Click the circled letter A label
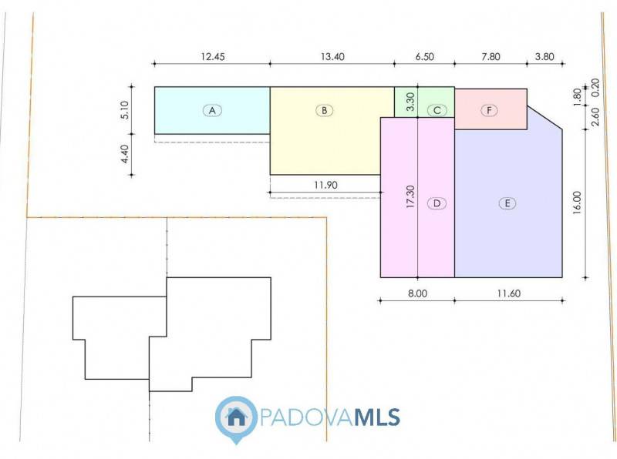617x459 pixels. click(212, 110)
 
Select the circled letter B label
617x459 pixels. click(324, 110)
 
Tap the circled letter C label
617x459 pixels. click(437, 110)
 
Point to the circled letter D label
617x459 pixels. click(437, 203)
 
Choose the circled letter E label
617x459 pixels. click(507, 203)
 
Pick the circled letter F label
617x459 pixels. click(489, 110)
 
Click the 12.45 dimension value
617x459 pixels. click(213, 56)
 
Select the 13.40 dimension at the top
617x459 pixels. click(332, 56)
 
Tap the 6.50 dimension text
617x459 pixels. click(425, 56)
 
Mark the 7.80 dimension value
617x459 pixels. click(491, 56)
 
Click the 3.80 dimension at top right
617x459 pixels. click(545, 56)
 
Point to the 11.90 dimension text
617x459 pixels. click(325, 185)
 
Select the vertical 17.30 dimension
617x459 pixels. click(410, 196)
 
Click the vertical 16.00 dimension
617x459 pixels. click(576, 203)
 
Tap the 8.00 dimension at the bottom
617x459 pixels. click(417, 293)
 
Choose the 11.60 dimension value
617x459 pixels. click(509, 293)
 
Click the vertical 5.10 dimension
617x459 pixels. click(124, 110)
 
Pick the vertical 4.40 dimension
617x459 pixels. click(124, 154)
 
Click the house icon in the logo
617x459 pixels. click(236, 417)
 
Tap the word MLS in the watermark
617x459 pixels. click(377, 417)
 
